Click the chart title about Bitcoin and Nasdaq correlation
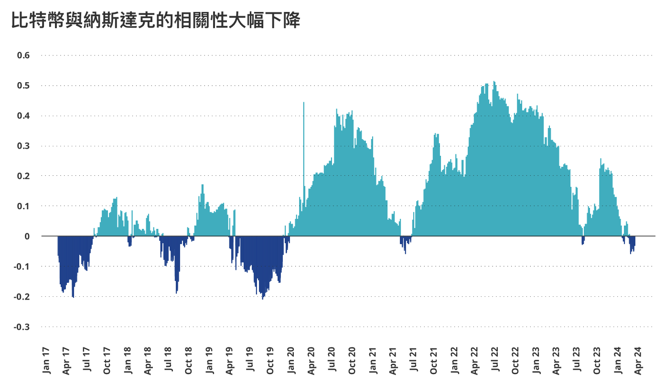pos(155,20)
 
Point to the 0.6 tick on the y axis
pos(23,55)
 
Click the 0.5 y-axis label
pos(23,86)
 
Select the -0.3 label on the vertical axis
pos(22,327)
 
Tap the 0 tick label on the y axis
pos(27,237)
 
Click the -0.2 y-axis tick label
pos(22,297)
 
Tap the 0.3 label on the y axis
pos(23,146)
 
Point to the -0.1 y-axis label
pos(22,267)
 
